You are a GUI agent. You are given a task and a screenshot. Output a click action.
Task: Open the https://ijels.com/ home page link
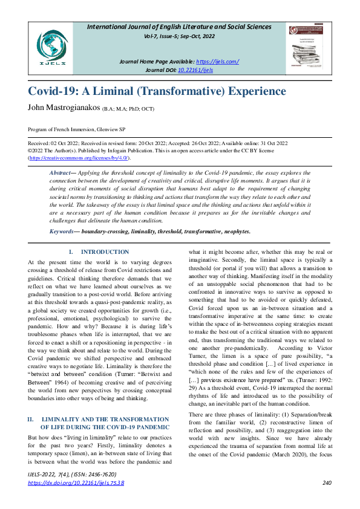[218, 62]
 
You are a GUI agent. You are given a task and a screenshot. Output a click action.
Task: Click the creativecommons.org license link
[79, 157]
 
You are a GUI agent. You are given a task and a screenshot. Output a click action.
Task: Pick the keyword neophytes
[236, 231]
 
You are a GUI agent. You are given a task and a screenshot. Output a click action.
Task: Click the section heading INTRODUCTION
[105, 251]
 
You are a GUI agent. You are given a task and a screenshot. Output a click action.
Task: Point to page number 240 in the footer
[327, 482]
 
